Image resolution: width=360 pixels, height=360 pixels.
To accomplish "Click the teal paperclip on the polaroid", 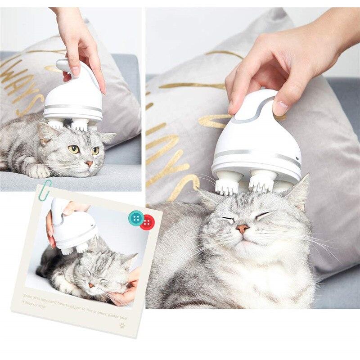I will click(44, 190).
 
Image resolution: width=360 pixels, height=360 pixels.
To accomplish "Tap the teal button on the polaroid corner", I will click(135, 218).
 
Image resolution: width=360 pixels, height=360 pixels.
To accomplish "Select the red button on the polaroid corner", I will click(147, 222).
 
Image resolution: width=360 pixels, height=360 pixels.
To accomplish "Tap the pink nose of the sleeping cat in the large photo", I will click(243, 229).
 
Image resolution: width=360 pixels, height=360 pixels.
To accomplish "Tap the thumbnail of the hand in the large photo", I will click(280, 108).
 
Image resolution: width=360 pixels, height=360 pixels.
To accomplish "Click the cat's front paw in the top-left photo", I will click(37, 171).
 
